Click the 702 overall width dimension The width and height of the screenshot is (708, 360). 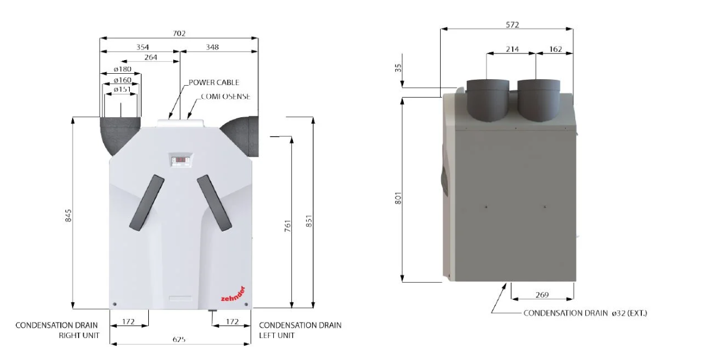click(x=179, y=34)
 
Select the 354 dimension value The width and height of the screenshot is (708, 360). click(x=141, y=46)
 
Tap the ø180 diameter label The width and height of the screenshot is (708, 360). click(x=123, y=70)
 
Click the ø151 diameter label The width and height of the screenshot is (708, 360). click(x=122, y=89)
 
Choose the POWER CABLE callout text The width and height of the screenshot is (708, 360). click(x=214, y=83)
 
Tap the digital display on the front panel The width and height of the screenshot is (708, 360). click(x=181, y=159)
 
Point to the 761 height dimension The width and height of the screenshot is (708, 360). click(x=287, y=227)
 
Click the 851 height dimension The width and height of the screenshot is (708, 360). click(x=308, y=220)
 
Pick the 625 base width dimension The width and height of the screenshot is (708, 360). click(x=179, y=339)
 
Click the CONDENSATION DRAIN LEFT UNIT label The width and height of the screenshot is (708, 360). click(x=300, y=330)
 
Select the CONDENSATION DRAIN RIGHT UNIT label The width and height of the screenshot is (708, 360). click(x=57, y=330)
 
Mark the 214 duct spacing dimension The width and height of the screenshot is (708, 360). click(x=512, y=49)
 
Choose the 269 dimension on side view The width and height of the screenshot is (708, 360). click(x=542, y=295)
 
